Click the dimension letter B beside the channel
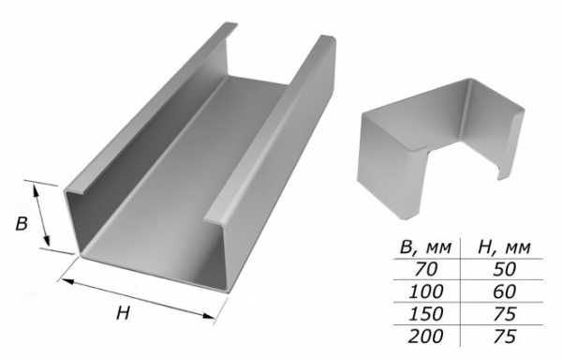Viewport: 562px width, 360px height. [22, 224]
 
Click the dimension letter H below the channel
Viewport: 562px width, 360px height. [123, 313]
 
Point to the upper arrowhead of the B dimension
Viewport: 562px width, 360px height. [36, 189]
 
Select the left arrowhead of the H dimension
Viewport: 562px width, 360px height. [66, 281]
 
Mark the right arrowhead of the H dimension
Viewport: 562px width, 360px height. [208, 316]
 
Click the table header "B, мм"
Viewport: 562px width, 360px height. [425, 247]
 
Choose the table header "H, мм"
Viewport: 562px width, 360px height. [504, 247]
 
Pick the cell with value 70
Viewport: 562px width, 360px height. [425, 269]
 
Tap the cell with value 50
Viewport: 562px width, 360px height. [504, 269]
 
